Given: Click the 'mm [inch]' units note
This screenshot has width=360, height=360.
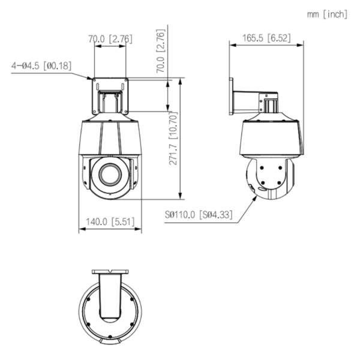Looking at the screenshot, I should point(327,14).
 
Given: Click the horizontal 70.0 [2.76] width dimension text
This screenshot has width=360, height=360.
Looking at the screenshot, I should point(110,39).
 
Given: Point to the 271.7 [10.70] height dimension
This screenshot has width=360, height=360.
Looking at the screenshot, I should point(172,138).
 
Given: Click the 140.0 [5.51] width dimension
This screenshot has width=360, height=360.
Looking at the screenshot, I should point(110,221).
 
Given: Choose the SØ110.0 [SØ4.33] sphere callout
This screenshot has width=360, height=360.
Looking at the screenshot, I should point(199,214).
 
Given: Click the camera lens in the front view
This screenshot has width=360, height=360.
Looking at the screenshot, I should point(110,173).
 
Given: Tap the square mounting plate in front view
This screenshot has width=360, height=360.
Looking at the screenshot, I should point(110,95).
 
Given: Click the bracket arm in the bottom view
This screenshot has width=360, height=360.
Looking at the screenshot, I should point(110,297).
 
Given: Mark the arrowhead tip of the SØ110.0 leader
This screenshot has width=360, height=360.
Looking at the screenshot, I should point(255,196).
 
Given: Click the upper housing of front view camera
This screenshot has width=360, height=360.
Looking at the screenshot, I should point(110,137).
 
